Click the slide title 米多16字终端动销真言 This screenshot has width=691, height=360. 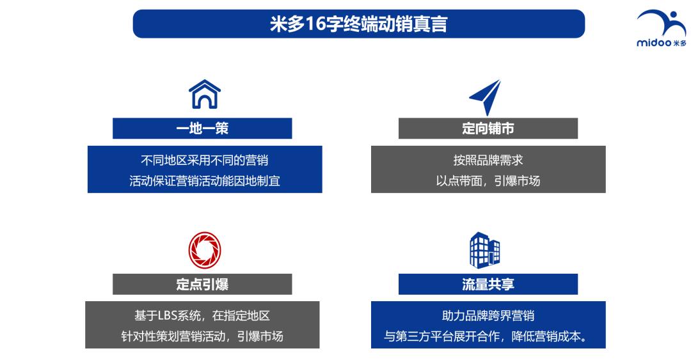pyautogui.click(x=358, y=24)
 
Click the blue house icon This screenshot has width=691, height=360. pyautogui.click(x=204, y=94)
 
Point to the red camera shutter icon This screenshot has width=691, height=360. pyautogui.click(x=204, y=251)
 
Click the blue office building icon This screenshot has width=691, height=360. pyautogui.click(x=485, y=250)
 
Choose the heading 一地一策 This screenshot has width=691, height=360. pyautogui.click(x=202, y=129)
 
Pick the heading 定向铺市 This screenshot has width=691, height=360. pyautogui.click(x=488, y=129)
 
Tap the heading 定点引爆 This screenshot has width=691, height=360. pyautogui.click(x=202, y=285)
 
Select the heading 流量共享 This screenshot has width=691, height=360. pyautogui.click(x=488, y=285)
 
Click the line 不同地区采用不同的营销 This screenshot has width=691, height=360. pyautogui.click(x=204, y=160)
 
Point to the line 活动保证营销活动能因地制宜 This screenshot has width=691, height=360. pyautogui.click(x=204, y=181)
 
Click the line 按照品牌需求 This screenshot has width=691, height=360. pyautogui.click(x=488, y=160)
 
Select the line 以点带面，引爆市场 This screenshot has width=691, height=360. pyautogui.click(x=488, y=181)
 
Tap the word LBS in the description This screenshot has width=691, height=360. pyautogui.click(x=161, y=316)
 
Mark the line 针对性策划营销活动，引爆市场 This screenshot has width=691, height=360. pyautogui.click(x=202, y=336)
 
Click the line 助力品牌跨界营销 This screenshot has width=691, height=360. pyautogui.click(x=488, y=316)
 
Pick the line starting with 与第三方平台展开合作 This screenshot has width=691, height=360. pyautogui.click(x=488, y=336)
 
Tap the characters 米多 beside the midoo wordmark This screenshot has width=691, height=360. pyautogui.click(x=679, y=43)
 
